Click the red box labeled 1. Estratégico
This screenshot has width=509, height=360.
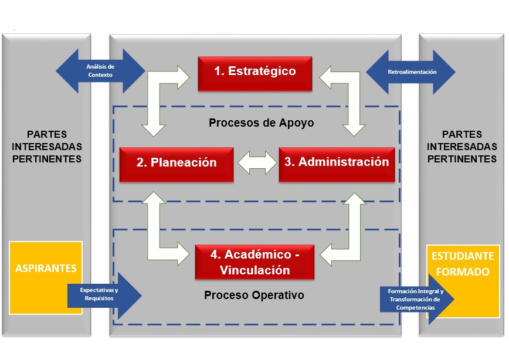pyautogui.click(x=254, y=73)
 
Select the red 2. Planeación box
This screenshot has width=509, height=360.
pyautogui.click(x=177, y=163)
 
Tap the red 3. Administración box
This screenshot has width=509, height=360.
pyautogui.click(x=337, y=162)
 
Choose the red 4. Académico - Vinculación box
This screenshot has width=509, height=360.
pyautogui.click(x=254, y=262)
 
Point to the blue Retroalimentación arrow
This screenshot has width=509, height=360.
pyautogui.click(x=410, y=72)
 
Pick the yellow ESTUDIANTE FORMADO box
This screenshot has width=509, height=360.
pyautogui.click(x=463, y=264)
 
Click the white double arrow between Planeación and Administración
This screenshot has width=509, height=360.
pyautogui.click(x=256, y=163)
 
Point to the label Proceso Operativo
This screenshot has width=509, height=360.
pyautogui.click(x=254, y=295)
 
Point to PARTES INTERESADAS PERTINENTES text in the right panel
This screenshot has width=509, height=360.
pyautogui.click(x=462, y=147)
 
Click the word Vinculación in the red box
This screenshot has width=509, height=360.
pyautogui.click(x=254, y=270)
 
